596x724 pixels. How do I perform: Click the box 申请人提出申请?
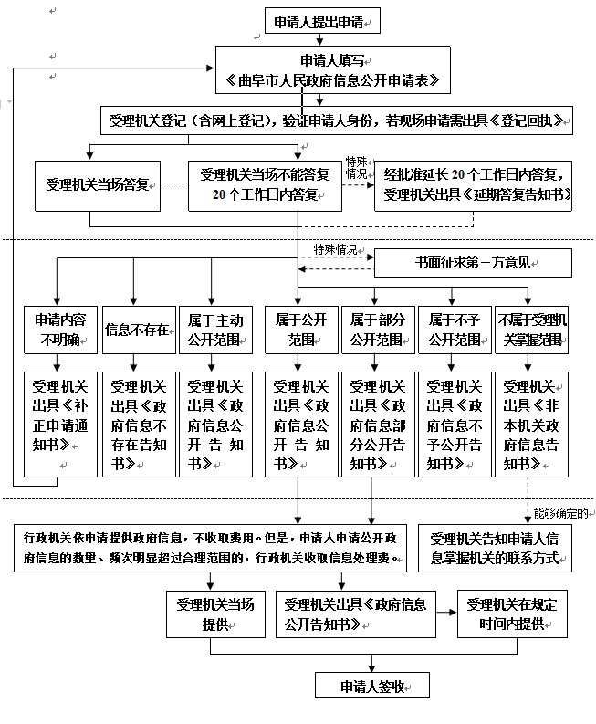click(320, 21)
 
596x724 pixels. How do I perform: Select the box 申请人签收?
click(371, 687)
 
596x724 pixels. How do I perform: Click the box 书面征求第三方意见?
click(473, 263)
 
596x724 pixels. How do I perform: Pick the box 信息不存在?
click(138, 331)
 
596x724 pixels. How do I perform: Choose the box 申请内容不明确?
click(60, 331)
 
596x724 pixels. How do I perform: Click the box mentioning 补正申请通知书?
click(60, 424)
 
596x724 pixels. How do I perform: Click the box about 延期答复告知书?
click(473, 186)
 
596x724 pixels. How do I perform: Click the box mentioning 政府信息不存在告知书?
click(138, 424)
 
